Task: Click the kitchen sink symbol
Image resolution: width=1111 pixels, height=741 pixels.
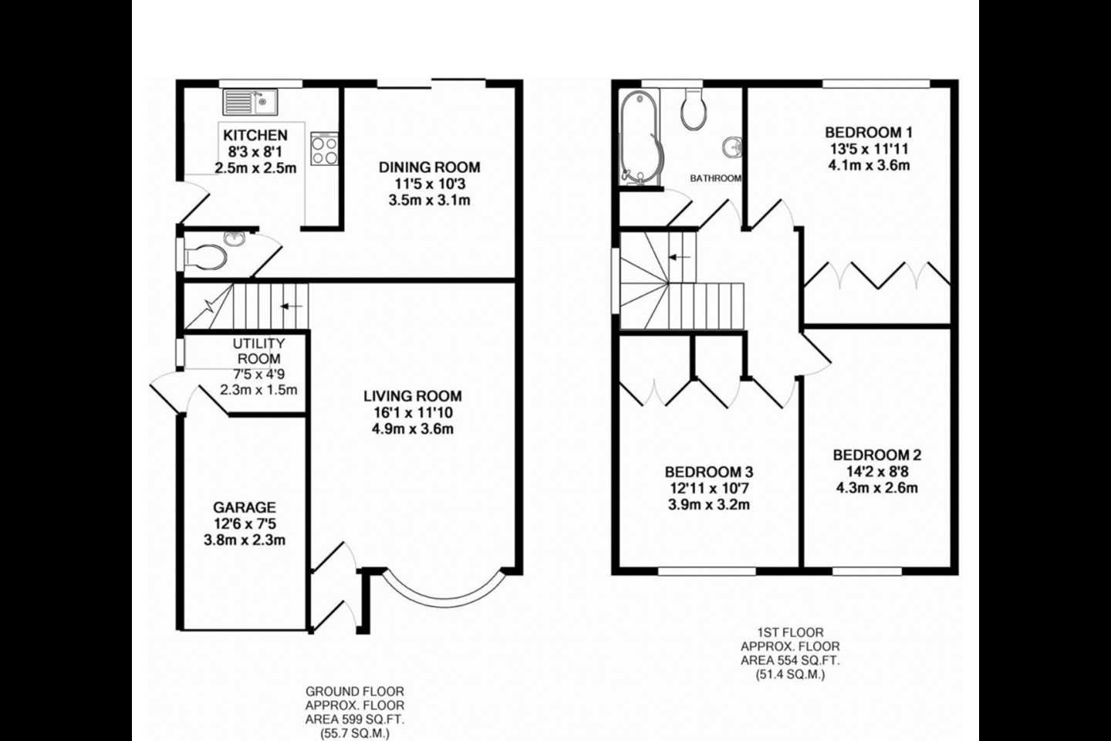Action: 251,101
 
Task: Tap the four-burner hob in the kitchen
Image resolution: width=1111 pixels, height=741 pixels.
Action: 324,149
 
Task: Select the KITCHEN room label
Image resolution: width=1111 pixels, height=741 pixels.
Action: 255,136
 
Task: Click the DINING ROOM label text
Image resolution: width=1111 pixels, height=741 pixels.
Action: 429,167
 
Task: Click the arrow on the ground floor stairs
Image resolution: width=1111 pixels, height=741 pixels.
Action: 291,306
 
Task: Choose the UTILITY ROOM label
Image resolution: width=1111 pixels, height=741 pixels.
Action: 258,351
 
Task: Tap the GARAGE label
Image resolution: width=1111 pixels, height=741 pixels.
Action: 244,507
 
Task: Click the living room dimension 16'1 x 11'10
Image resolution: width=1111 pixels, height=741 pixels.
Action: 413,412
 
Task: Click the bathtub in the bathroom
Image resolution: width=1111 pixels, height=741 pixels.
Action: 639,137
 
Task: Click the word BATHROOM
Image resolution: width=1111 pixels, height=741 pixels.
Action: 715,178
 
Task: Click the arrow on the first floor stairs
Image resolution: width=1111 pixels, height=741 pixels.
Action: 680,258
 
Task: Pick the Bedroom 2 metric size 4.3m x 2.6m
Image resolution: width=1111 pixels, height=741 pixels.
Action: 876,487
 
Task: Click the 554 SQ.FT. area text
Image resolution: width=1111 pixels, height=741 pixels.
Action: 790,660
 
